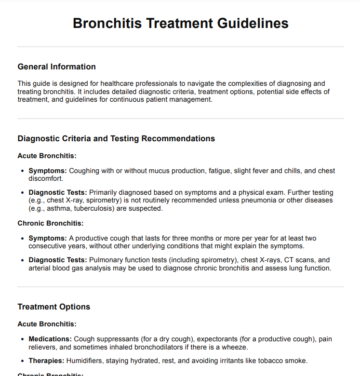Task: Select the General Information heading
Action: point(56,67)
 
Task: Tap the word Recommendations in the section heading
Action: point(175,138)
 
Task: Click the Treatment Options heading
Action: point(53,307)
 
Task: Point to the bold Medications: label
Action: point(50,339)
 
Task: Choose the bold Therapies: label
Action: point(47,361)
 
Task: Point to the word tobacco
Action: point(263,361)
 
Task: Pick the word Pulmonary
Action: point(105,260)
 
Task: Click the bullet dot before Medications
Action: point(23,339)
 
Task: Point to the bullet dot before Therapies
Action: point(23,361)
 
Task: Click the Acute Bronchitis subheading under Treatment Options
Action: point(47,324)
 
